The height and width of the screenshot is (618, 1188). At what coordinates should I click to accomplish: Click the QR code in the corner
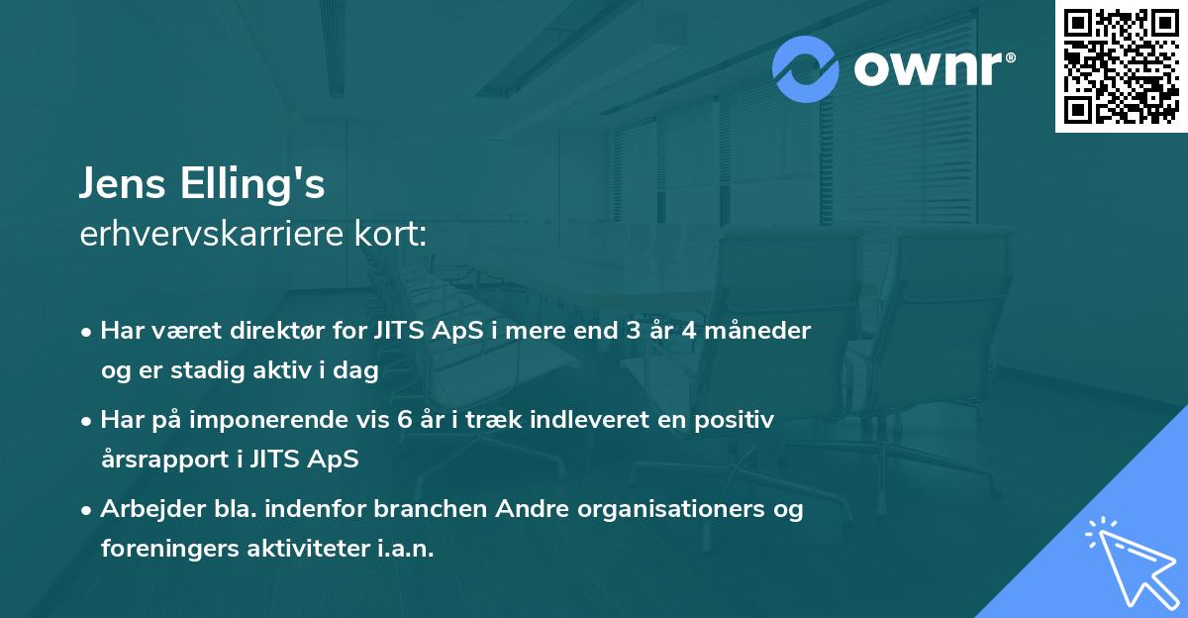pyautogui.click(x=1122, y=66)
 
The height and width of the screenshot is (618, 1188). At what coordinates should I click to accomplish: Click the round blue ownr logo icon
pyautogui.click(x=806, y=69)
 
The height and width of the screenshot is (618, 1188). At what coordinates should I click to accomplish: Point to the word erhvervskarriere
pyautogui.click(x=207, y=235)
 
